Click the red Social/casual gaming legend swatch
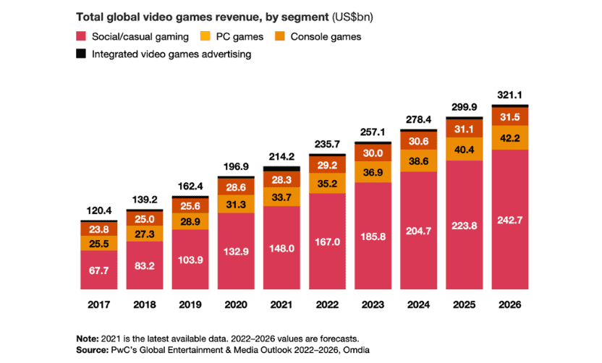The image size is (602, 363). tap(80, 36)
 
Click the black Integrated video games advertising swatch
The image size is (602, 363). tap(80, 54)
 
